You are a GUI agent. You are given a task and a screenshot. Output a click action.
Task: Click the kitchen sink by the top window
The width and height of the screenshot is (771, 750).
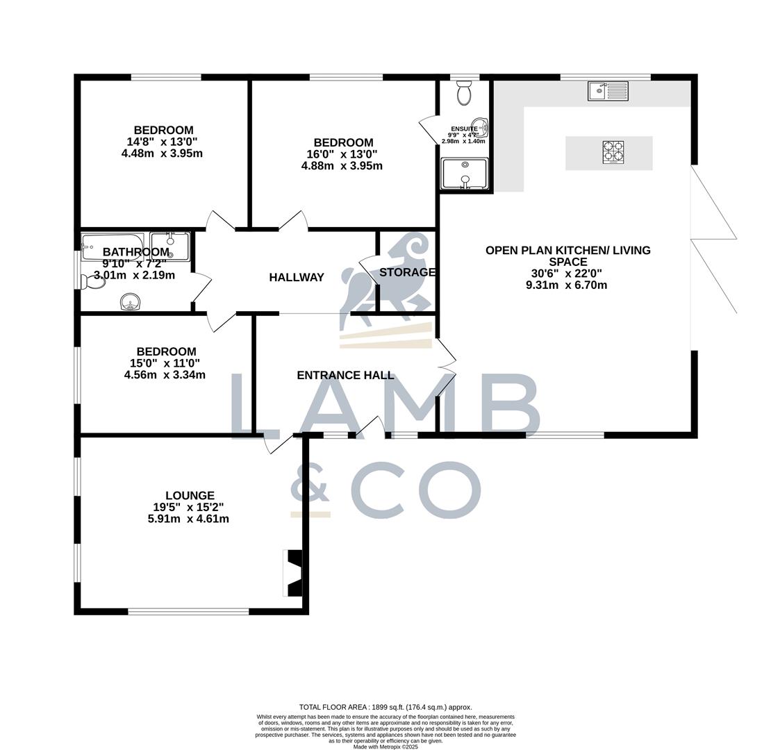[608, 91]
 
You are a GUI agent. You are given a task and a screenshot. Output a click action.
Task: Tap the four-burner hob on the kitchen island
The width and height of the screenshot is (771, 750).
[613, 153]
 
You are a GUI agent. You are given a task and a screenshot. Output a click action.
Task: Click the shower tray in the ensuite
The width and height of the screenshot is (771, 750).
[465, 173]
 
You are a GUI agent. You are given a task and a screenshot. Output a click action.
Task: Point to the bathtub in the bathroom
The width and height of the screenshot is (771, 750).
[113, 246]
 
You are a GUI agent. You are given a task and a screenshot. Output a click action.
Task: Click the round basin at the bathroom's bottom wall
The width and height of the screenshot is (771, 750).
[130, 301]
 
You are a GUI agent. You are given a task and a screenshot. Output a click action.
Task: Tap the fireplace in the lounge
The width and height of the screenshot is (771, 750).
[293, 573]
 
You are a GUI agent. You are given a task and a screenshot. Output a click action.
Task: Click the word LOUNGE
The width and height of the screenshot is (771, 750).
[190, 496]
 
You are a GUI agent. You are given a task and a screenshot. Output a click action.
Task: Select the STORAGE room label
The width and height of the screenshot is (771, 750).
[407, 272]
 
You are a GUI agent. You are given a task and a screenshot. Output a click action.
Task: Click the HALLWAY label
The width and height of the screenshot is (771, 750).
[297, 277]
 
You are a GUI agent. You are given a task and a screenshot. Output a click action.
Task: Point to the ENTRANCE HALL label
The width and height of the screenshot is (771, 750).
[345, 375]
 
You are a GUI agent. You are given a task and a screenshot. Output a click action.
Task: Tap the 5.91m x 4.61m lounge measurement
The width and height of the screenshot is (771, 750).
[188, 519]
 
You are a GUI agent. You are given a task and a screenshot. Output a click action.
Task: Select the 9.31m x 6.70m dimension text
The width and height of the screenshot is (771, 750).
[567, 285]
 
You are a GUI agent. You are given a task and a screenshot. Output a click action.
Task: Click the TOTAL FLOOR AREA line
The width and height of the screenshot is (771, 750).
[385, 707]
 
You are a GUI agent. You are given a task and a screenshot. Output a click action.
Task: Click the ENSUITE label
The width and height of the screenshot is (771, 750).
[464, 128]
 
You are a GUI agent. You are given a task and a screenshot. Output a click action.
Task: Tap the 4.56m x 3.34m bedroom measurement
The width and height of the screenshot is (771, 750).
[165, 375]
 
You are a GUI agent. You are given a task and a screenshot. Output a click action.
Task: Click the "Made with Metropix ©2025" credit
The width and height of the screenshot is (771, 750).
[385, 747]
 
